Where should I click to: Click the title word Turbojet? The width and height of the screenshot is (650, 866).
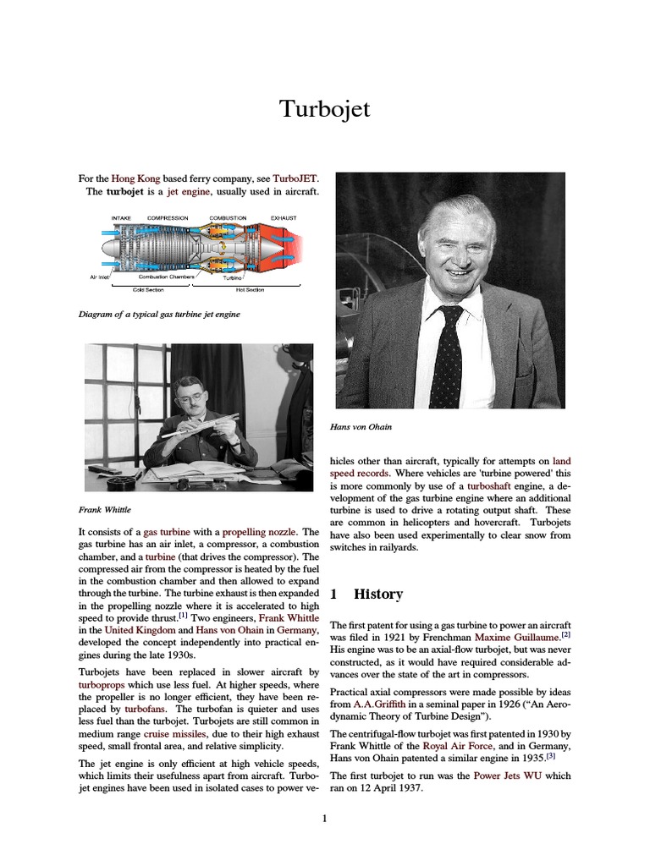click(325, 110)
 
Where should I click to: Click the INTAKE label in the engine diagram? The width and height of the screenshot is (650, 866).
click(122, 218)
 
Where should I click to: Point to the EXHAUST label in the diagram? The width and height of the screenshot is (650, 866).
click(284, 218)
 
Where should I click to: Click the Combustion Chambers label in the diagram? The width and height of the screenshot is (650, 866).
click(167, 277)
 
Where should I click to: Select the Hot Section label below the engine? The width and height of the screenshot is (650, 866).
click(250, 290)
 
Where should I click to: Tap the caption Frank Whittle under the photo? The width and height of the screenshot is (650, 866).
click(105, 510)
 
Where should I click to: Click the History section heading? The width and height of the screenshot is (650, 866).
click(378, 594)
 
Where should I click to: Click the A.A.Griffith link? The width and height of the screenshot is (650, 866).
click(375, 704)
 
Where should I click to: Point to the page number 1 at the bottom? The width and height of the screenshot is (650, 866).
click(324, 818)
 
